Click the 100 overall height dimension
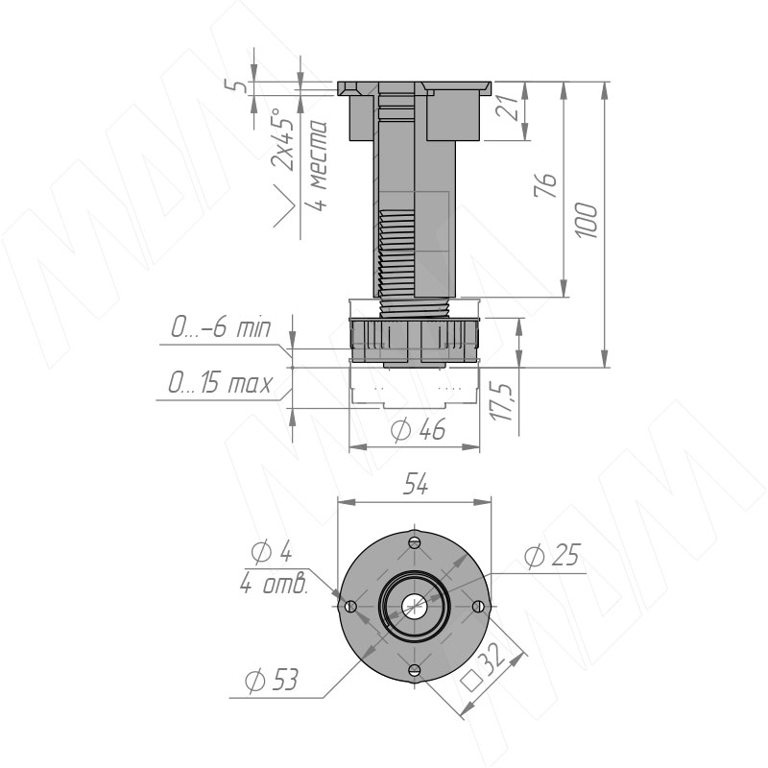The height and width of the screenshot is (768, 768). point(589,221)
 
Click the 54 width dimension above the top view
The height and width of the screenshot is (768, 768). point(415,487)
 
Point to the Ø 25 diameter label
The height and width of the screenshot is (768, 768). point(554,556)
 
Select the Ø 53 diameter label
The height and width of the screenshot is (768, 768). point(271,681)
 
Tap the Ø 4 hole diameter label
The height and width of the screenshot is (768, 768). point(271,552)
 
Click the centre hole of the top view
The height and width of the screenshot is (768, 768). point(414,606)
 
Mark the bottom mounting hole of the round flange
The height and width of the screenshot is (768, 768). point(414,669)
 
